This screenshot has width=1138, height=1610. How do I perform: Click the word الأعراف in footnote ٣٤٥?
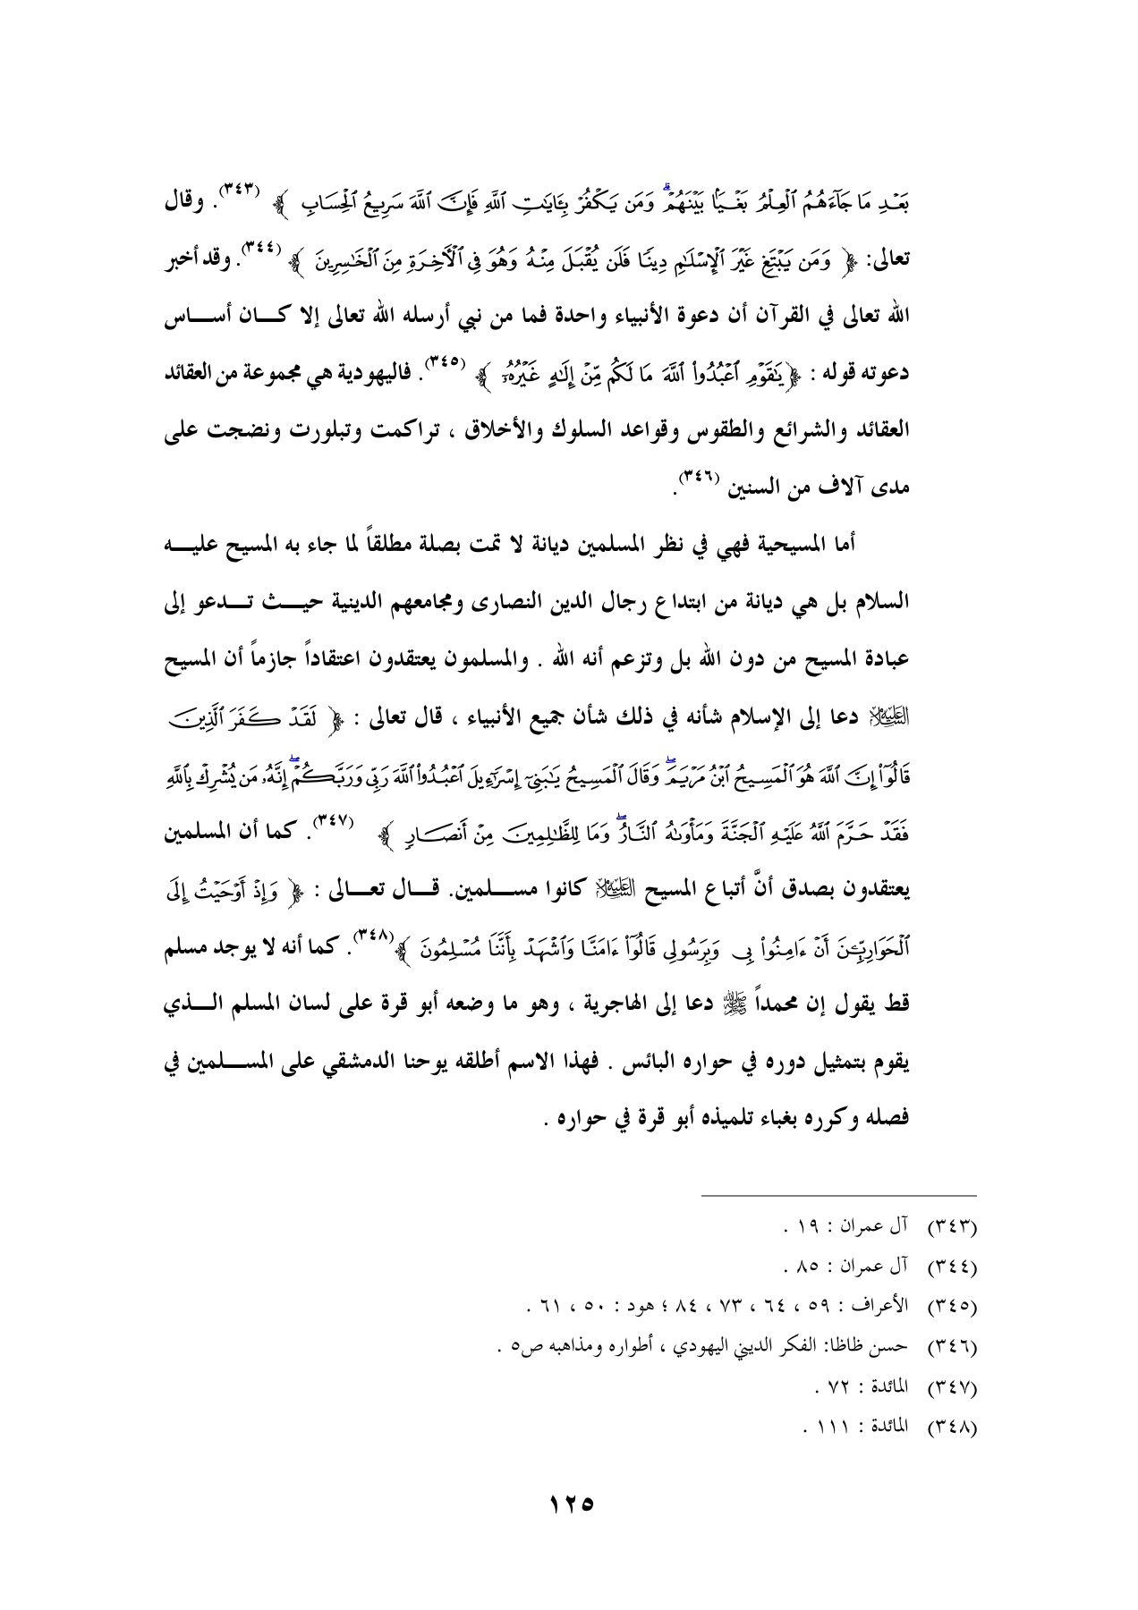[x=897, y=1308]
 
